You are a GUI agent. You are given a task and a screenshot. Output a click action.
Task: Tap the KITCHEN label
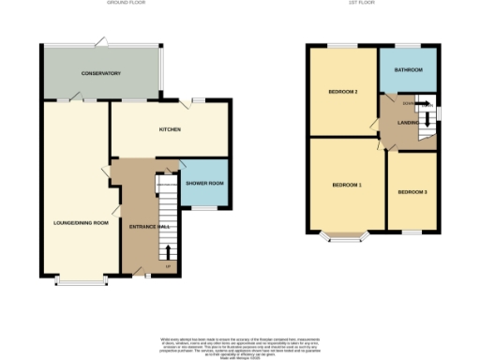coord(170,129)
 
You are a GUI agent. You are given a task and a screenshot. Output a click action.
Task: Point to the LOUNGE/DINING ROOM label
coord(81,222)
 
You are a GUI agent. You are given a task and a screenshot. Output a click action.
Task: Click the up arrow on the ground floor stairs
coord(169,250)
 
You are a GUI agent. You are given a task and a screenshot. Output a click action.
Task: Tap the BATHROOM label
coord(408,70)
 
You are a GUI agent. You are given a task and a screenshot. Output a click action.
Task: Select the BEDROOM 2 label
coord(343,92)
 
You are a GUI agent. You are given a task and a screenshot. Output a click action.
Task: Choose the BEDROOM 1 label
coord(346,185)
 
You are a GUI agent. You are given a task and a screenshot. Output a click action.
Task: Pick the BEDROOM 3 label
coord(412,192)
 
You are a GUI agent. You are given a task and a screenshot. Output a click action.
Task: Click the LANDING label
coord(407,122)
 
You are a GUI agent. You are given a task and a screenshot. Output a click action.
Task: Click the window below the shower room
coord(203,210)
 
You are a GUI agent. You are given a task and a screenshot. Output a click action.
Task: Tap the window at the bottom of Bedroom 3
coord(412,231)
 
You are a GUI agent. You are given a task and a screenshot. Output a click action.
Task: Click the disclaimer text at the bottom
coord(240,343)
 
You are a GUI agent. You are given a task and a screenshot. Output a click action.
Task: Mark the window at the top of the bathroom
coord(408,45)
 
